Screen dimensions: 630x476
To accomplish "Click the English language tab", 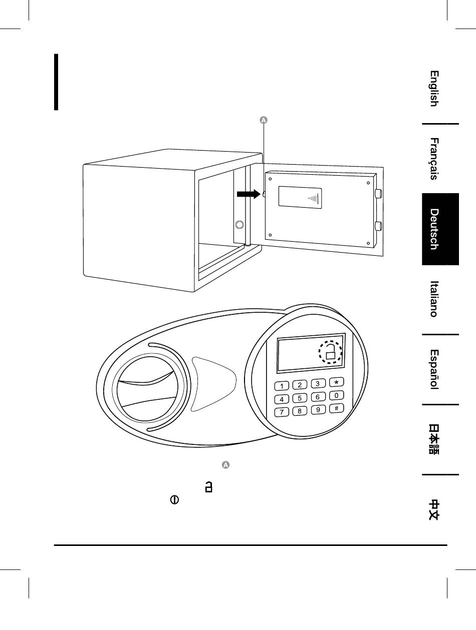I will (x=434, y=89).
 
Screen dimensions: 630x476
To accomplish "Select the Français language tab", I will (x=434, y=159).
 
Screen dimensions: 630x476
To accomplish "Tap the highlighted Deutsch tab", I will (x=440, y=229).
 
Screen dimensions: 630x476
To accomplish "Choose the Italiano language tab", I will (x=434, y=299).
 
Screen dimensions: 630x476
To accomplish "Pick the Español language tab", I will (x=434, y=369).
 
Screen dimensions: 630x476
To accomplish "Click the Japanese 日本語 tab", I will (x=434, y=439).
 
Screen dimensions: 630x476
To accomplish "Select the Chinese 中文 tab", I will (x=434, y=509).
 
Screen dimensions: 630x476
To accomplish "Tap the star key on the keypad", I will (x=336, y=382).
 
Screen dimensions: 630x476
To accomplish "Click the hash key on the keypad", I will (x=336, y=408).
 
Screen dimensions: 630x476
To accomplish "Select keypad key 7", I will (x=282, y=412).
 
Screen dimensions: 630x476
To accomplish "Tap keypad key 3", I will (x=318, y=384).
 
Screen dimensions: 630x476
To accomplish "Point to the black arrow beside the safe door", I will (x=248, y=194).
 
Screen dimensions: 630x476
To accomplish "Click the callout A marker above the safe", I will (x=264, y=120).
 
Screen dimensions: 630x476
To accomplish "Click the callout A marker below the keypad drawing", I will (x=225, y=465).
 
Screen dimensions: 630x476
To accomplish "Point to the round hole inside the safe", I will (x=240, y=224).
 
